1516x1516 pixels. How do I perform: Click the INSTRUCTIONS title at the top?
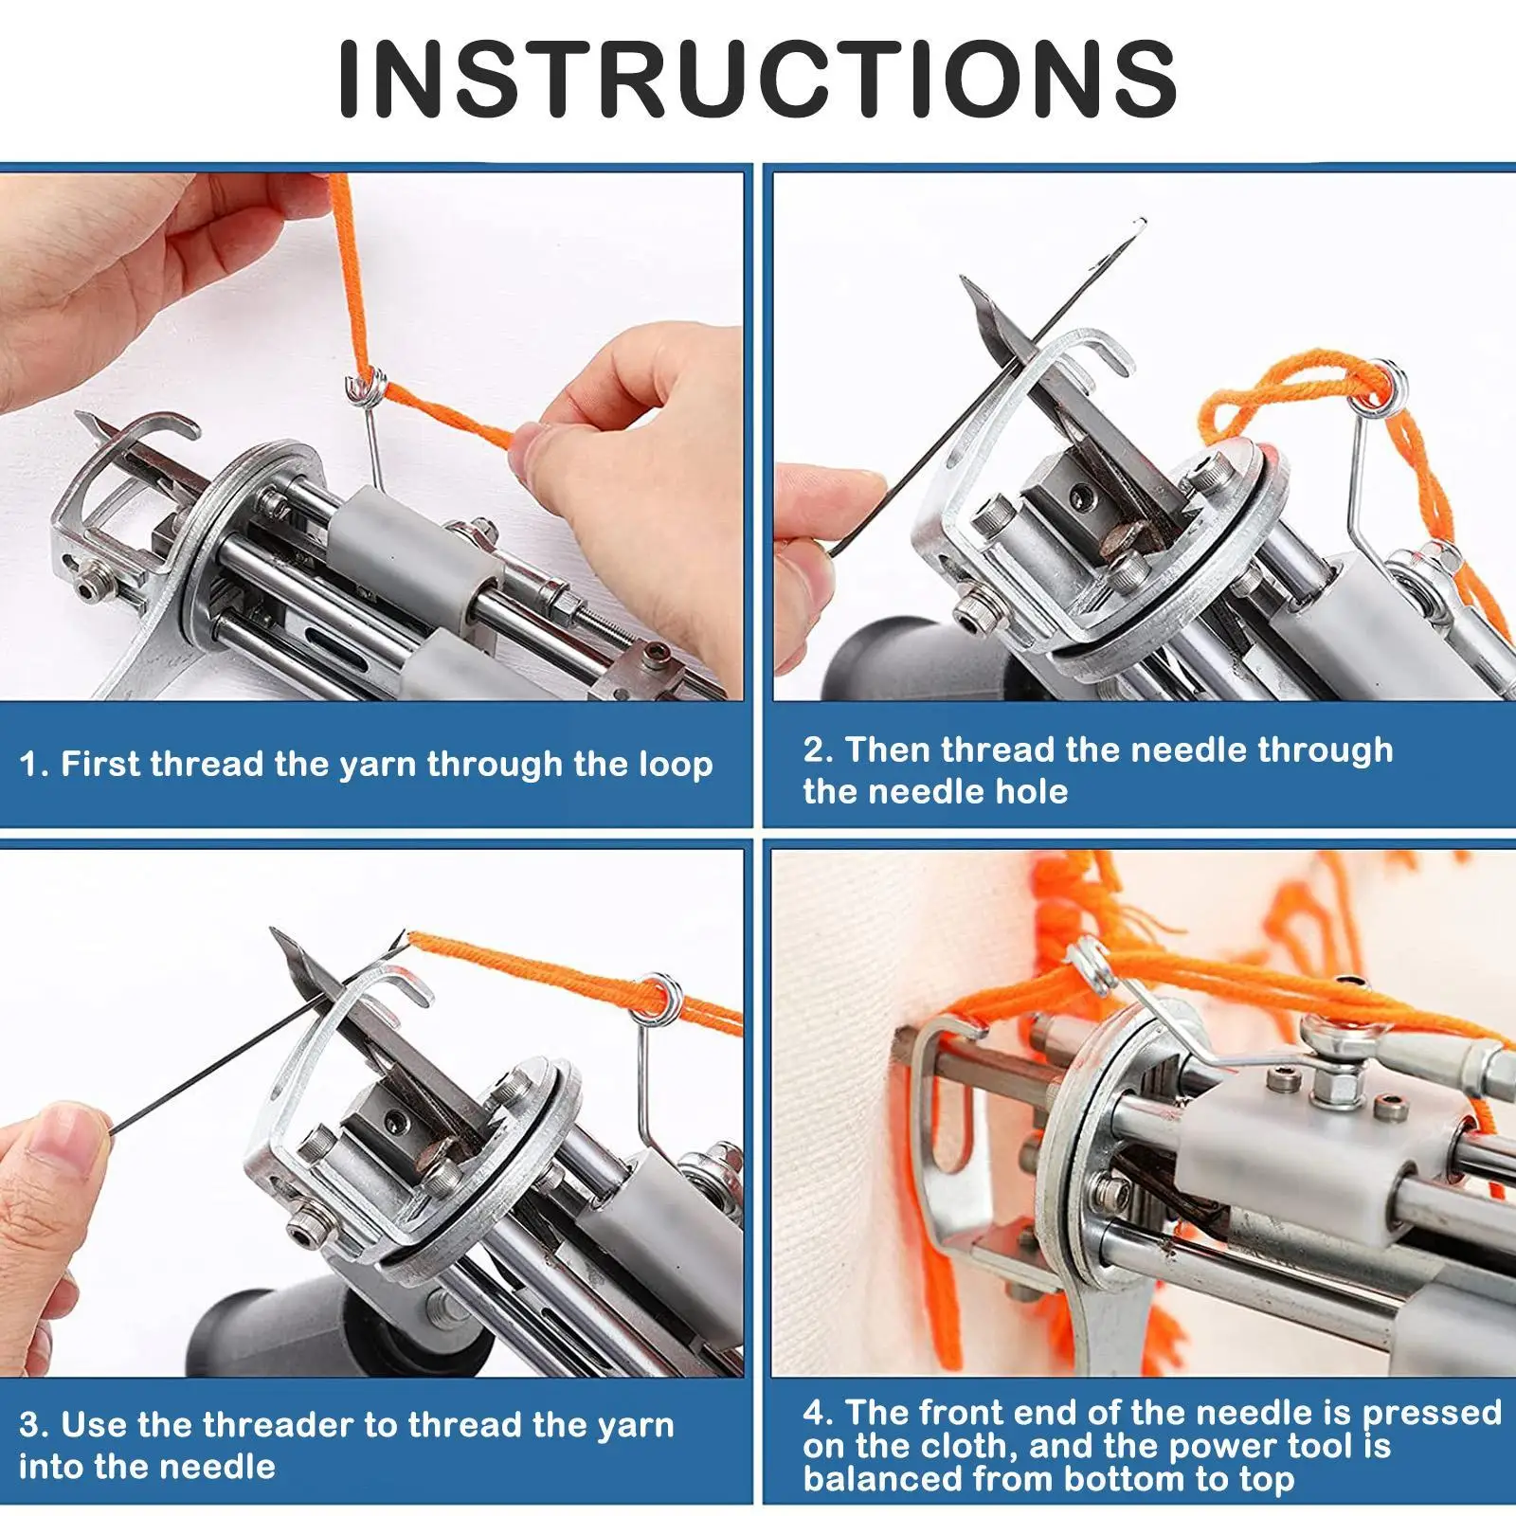757,78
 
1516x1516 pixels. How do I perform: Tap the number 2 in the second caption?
816,749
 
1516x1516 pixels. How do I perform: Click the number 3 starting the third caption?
30,1424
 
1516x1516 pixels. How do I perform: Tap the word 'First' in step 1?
100,764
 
